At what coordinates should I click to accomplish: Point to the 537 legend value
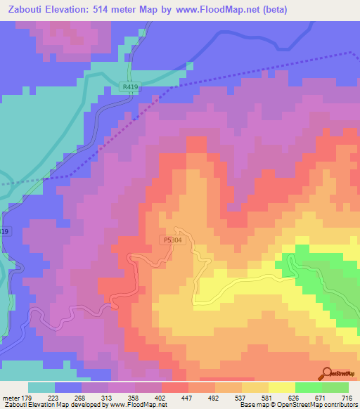coord(243,398)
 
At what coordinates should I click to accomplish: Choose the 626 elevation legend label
coord(295,398)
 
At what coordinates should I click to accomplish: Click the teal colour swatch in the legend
coord(41,387)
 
